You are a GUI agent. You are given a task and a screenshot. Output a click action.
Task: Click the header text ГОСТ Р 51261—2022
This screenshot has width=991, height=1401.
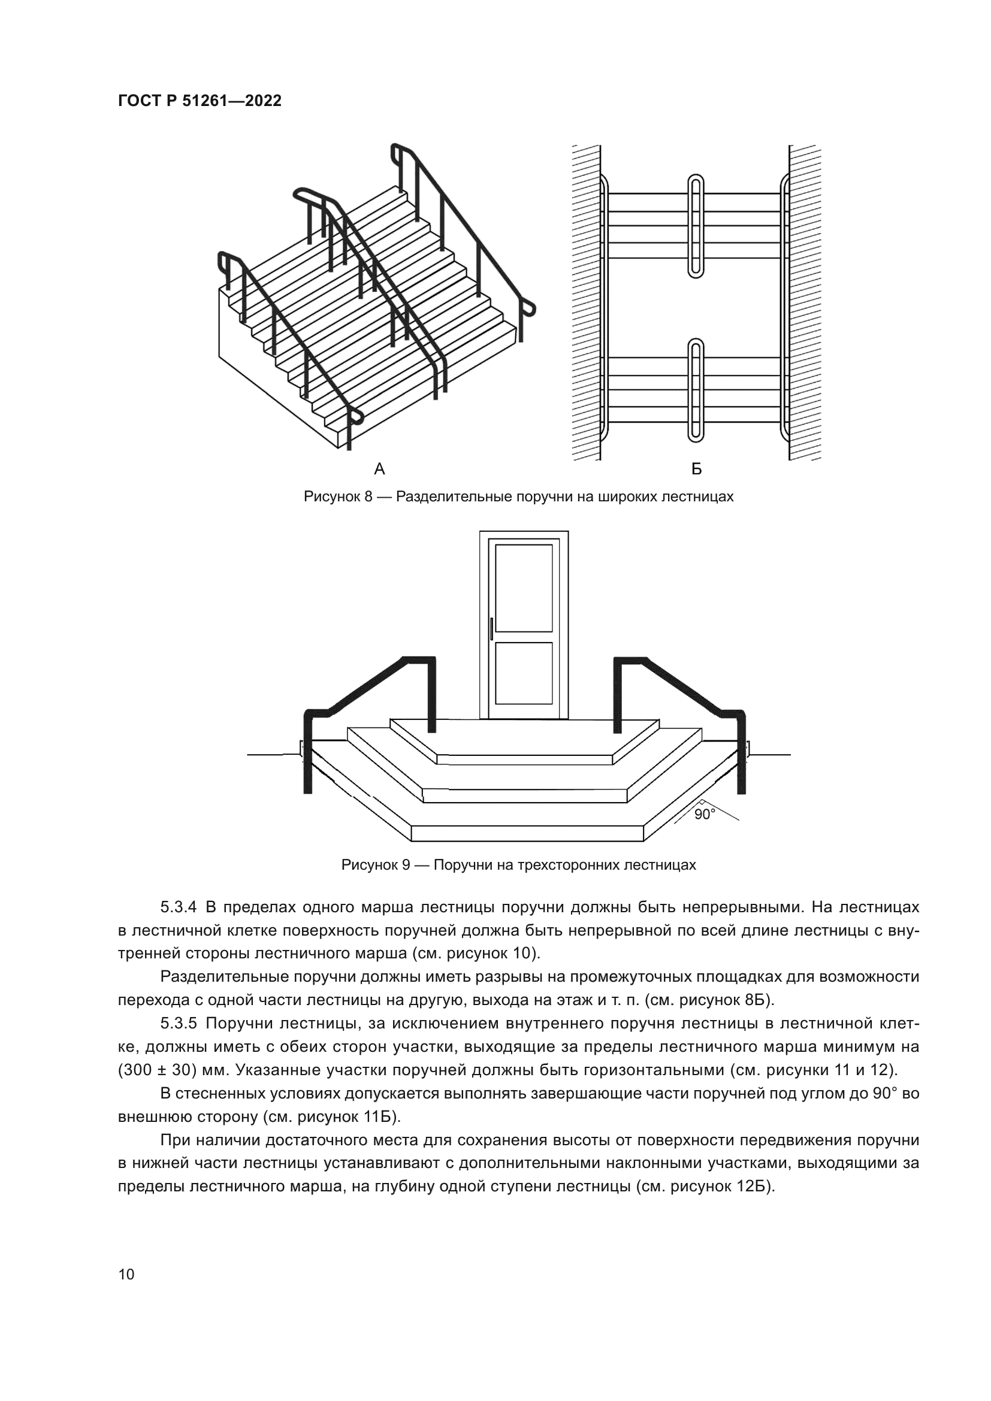point(200,101)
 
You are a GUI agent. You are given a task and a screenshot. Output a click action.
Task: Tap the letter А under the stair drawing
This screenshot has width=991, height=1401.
point(379,468)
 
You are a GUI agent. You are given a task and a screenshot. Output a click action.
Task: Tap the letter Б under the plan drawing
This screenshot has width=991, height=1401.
point(696,468)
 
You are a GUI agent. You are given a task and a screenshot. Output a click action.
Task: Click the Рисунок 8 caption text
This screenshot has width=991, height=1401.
point(518,497)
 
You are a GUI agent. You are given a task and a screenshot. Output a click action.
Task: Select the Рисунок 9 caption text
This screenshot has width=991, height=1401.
point(518,865)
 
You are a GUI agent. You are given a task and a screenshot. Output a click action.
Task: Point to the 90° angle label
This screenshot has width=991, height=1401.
point(704,815)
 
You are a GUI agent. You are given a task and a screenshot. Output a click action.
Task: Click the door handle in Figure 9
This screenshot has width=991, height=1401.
point(492,628)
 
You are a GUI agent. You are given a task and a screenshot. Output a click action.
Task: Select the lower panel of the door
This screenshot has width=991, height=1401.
point(524,674)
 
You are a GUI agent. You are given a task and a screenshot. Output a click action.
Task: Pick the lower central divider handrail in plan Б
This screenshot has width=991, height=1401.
point(696,391)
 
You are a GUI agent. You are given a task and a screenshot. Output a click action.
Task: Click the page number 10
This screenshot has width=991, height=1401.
point(126,1274)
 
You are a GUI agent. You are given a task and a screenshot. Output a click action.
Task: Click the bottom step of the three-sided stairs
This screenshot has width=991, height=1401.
point(528,834)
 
